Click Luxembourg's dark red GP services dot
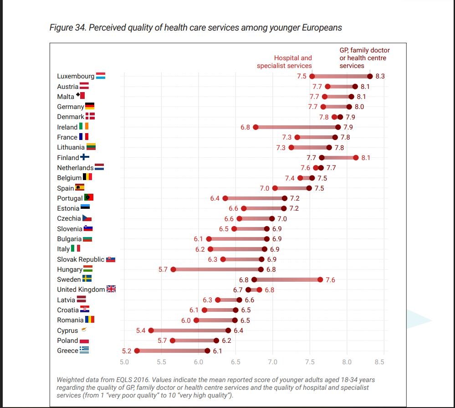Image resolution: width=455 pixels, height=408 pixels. click(370, 77)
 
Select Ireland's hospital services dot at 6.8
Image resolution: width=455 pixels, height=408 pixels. click(256, 127)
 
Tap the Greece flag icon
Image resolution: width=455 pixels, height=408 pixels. click(84, 350)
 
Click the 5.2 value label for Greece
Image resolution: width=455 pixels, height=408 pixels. click(127, 351)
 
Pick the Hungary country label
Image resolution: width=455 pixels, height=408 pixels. click(69, 269)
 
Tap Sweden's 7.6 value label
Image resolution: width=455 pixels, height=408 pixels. click(330, 279)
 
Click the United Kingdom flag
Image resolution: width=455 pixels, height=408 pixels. click(111, 289)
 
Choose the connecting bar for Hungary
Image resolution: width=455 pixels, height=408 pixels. click(217, 269)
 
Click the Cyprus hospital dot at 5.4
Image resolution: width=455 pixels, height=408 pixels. click(151, 331)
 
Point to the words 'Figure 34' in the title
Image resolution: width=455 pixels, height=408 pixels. click(67, 28)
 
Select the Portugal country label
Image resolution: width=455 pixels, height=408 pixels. click(70, 198)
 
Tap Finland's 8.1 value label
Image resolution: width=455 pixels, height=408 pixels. click(366, 158)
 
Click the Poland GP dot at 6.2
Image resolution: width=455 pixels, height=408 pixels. click(216, 341)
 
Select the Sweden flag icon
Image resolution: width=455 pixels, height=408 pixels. click(87, 279)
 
